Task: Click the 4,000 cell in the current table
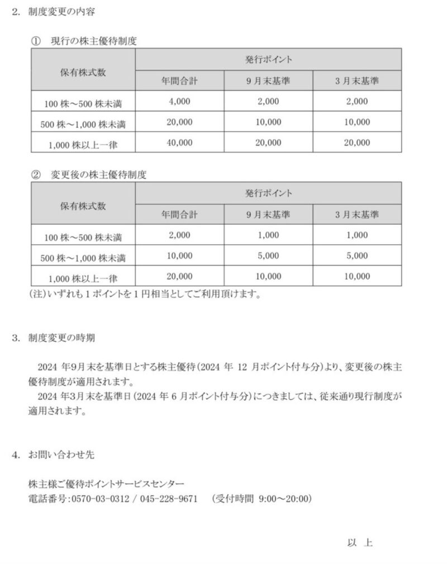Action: [x=179, y=102]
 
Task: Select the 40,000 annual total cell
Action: [x=179, y=143]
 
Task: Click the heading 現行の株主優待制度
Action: [x=93, y=41]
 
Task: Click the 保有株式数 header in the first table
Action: [x=83, y=72]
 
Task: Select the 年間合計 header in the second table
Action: [x=179, y=215]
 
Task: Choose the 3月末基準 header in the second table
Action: [x=356, y=215]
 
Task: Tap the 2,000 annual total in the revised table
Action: [x=179, y=235]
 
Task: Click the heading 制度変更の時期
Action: [x=61, y=337]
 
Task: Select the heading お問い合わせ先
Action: [x=61, y=454]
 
